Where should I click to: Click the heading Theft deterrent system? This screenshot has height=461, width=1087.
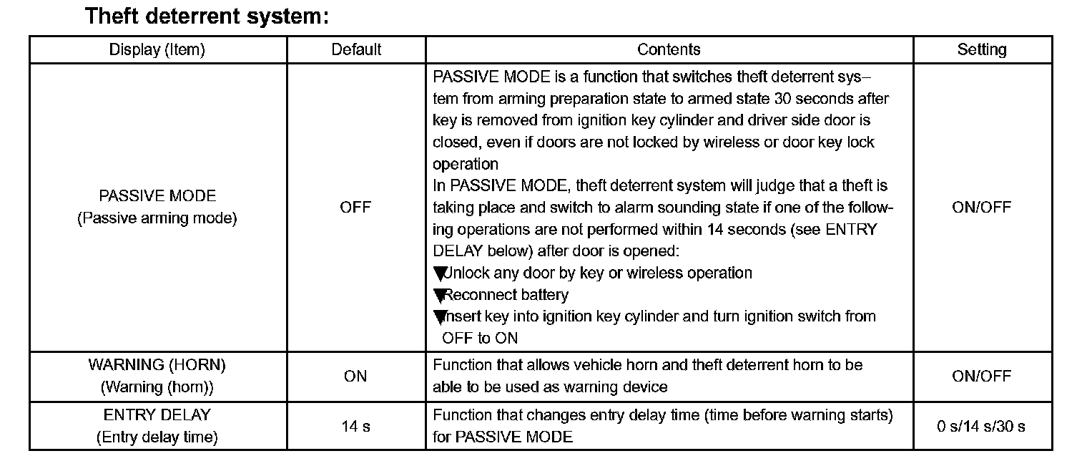(x=207, y=16)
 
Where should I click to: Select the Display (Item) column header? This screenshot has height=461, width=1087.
(x=157, y=49)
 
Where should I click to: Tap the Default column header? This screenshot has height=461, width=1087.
(x=356, y=49)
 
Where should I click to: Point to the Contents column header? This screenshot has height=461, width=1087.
(x=669, y=49)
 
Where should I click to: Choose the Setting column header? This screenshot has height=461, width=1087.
(x=982, y=49)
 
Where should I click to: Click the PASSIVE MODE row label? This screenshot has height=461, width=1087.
(x=157, y=196)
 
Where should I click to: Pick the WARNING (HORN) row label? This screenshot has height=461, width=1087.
(x=157, y=365)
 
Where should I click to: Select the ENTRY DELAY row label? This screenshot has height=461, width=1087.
(x=157, y=415)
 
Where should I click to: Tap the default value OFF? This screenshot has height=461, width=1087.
(x=355, y=208)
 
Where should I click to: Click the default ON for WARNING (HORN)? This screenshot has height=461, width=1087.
(x=355, y=377)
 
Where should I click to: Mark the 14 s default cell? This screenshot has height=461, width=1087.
(x=355, y=427)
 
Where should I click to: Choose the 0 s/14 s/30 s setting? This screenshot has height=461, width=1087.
(x=981, y=427)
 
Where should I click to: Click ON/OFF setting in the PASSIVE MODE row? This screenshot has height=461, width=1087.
(x=982, y=208)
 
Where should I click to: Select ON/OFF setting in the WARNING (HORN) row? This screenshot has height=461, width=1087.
(x=982, y=377)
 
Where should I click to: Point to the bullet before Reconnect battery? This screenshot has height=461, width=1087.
(x=439, y=295)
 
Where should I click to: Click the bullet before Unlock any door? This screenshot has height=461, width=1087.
(x=439, y=273)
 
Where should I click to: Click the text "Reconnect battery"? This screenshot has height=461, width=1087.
(x=506, y=295)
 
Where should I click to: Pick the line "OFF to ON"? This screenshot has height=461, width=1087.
(x=480, y=338)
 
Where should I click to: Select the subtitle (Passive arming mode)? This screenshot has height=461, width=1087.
(x=157, y=218)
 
